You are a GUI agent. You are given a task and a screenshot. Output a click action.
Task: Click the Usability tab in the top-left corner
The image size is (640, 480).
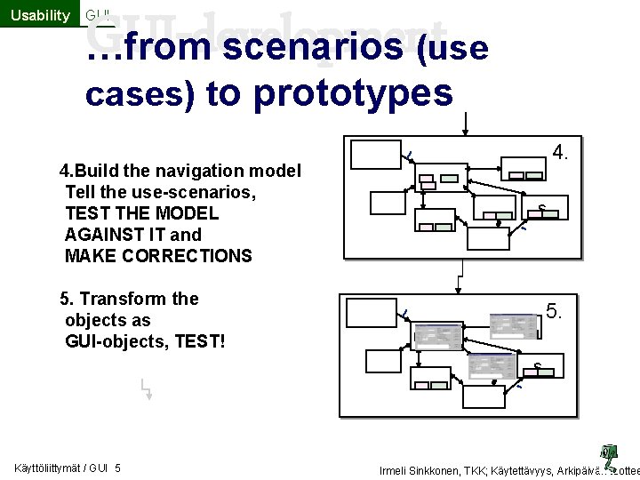[39, 14]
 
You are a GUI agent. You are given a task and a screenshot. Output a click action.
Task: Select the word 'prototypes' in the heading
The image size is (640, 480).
[354, 92]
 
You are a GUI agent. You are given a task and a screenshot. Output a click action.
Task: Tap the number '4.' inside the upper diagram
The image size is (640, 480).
[561, 152]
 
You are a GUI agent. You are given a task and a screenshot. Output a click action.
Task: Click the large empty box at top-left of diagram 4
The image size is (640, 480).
[375, 154]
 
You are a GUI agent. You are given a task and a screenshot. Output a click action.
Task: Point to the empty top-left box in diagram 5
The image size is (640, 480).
[369, 314]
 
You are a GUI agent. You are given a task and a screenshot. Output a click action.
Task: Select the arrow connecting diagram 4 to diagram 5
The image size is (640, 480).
[459, 276]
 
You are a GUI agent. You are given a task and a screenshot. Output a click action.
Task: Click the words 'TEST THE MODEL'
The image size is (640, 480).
[141, 213]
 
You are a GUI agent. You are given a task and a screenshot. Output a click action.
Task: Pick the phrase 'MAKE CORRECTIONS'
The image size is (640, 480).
[158, 256]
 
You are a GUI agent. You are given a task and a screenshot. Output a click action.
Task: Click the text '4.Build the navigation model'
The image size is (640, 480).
[180, 171]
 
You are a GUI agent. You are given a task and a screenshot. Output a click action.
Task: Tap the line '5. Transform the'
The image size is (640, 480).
[129, 299]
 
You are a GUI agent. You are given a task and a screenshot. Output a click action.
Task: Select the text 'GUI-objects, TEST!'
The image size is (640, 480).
[145, 341]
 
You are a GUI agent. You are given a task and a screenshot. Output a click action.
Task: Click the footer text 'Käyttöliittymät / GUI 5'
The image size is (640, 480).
[68, 468]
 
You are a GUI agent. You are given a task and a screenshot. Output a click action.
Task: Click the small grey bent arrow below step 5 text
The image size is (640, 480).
[146, 388]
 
